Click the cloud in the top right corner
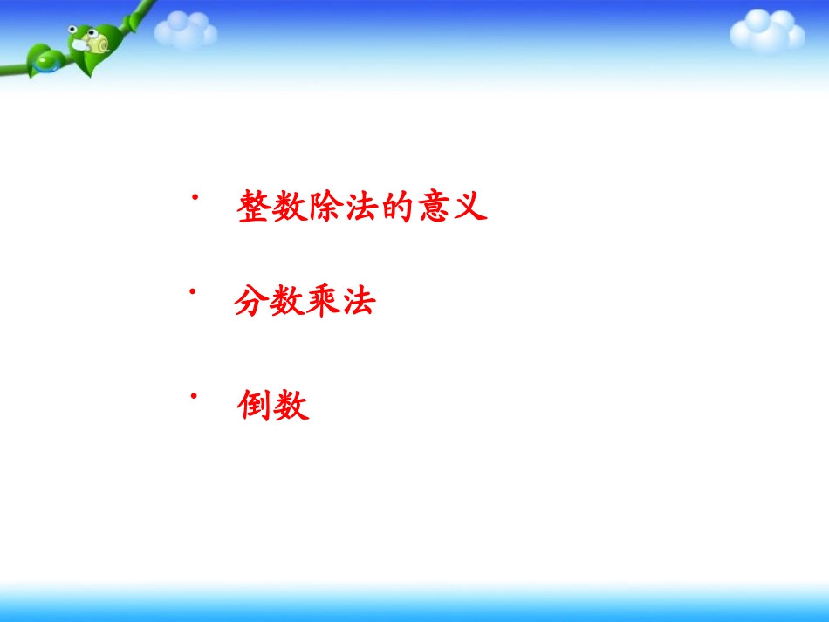pos(766,31)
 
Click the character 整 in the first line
pos(254,208)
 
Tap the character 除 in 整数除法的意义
pos(325,208)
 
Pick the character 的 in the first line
pos(397,208)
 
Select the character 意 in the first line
pos(434,208)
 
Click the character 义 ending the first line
pos(469,208)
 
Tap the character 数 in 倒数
pos(291,407)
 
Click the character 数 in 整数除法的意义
pos(290,208)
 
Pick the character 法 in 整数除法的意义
pos(361,208)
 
